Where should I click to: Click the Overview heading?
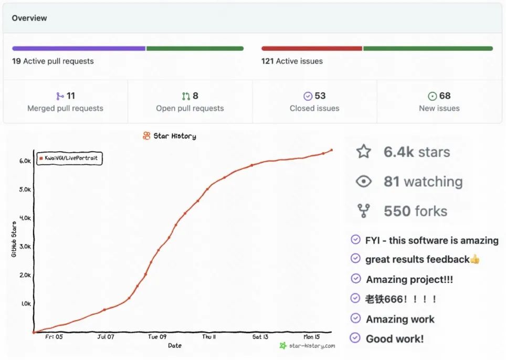coord(29,18)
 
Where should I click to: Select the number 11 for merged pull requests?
coord(71,96)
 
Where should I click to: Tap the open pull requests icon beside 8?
coord(186,96)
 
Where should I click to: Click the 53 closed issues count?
coord(320,96)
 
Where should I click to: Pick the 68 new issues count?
coord(445,96)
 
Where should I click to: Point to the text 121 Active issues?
coord(292,61)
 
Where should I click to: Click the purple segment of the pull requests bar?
coord(79,48)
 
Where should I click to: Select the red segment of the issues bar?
coord(312,48)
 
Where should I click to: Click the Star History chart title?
coord(174,136)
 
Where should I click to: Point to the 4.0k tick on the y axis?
coord(25,218)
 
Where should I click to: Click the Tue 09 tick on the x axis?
coord(157,337)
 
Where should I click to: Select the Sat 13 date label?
coord(260,337)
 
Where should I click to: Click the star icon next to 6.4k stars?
coord(363,152)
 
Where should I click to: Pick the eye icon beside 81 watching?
coord(363,182)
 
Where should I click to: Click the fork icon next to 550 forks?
coord(363,211)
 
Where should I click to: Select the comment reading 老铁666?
coord(401,299)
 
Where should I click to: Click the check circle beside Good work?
coord(355,338)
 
